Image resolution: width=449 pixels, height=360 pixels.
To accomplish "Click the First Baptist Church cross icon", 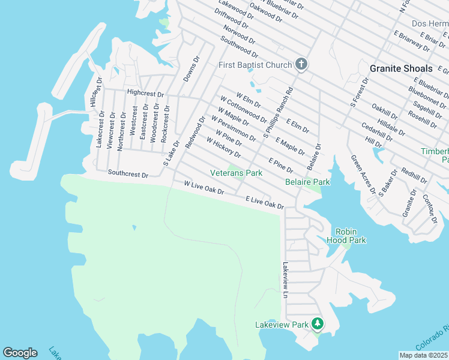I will pyautogui.click(x=302, y=65).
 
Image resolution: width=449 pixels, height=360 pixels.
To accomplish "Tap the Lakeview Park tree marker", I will pyautogui.click(x=318, y=325).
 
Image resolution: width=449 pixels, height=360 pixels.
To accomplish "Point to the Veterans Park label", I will pyautogui.click(x=237, y=173).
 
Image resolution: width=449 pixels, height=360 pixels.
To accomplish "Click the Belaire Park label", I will pyautogui.click(x=307, y=181).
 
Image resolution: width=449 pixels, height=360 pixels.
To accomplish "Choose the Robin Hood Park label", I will pyautogui.click(x=351, y=236).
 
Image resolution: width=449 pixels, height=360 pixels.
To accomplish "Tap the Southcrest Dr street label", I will pyautogui.click(x=128, y=174).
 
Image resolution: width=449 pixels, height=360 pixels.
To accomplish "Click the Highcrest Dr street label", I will pyautogui.click(x=145, y=93).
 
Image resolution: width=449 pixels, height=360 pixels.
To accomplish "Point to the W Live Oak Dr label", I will pyautogui.click(x=203, y=187).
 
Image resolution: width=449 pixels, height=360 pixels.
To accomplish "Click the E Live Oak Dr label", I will pyautogui.click(x=264, y=202).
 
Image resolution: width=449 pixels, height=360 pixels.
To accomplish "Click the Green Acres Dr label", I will pyautogui.click(x=363, y=175).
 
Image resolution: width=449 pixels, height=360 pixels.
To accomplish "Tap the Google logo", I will pyautogui.click(x=20, y=353).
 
